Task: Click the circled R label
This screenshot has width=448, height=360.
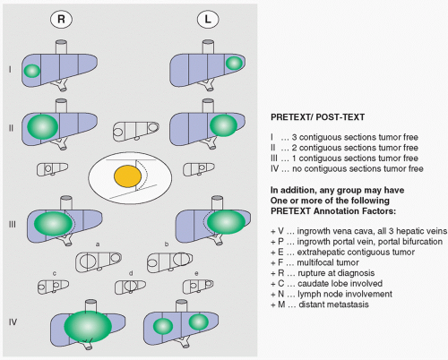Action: [x=61, y=20]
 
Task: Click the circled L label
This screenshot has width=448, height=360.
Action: [x=208, y=20]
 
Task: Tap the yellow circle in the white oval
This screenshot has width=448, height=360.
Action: [x=127, y=176]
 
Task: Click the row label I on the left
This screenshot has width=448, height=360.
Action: [x=10, y=70]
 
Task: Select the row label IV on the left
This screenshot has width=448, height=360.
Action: [x=13, y=322]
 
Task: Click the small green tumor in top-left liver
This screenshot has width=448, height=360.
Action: [x=31, y=71]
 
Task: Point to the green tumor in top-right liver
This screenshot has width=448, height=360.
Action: [x=234, y=64]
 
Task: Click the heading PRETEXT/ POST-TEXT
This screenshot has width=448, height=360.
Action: [x=317, y=117]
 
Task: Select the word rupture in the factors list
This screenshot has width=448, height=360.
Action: [x=312, y=273]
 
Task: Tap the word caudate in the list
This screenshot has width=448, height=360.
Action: [x=313, y=283]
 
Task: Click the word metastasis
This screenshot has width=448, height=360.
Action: [x=349, y=304]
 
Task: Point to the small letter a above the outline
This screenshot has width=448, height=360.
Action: [x=98, y=244]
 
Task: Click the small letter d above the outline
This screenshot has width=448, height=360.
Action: [x=131, y=273]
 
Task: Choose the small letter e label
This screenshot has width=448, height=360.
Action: [x=196, y=274]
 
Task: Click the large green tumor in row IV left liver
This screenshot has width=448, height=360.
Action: [x=88, y=326]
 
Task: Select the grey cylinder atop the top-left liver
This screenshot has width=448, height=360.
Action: [x=62, y=47]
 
